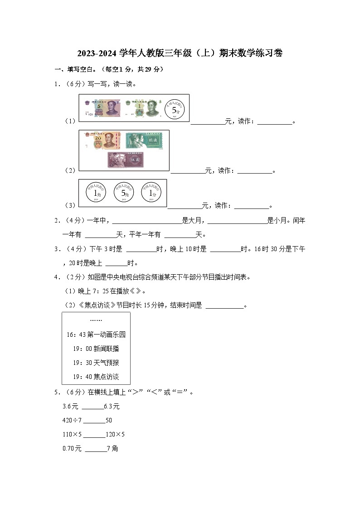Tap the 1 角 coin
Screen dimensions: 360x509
click(96, 193)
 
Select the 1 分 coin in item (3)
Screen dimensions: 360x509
click(151, 193)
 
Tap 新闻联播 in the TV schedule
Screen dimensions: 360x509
click(106, 349)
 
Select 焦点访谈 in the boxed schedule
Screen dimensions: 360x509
click(106, 377)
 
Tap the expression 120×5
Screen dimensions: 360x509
click(115, 434)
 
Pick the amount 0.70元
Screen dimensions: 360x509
click(72, 448)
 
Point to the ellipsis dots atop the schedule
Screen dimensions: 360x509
click(96, 320)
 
